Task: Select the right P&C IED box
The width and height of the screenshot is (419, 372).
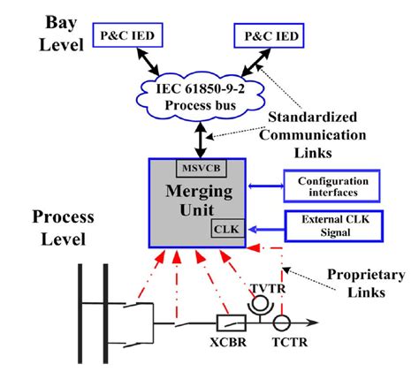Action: (267, 36)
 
